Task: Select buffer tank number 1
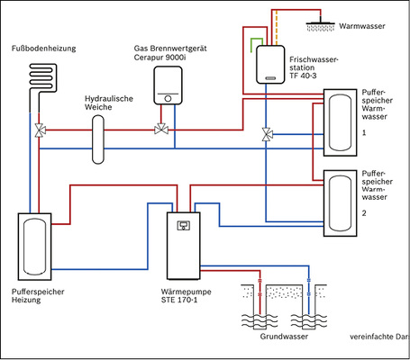341,118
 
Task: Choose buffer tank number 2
341,200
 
